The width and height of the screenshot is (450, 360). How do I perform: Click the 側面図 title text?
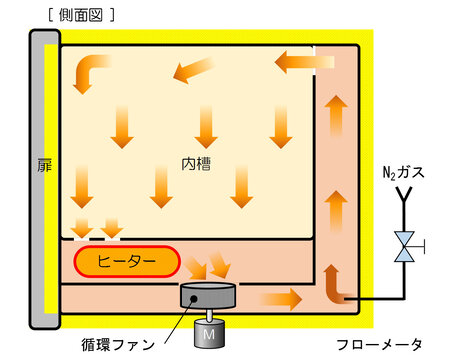pos(81,15)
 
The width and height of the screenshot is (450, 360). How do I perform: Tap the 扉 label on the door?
pos(45,165)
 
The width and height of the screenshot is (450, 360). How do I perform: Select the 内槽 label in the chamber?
pos(196,164)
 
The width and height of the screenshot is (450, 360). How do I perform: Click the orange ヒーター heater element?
pos(127,262)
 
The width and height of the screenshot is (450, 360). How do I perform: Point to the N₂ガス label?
pos(403,172)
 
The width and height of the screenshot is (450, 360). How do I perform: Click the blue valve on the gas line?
pos(404,247)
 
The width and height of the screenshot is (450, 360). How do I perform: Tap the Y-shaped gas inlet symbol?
pos(404,195)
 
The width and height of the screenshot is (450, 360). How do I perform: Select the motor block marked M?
pos(209,333)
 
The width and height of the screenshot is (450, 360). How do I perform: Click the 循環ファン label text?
pos(118,344)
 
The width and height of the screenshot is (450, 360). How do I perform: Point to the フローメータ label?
pos(379,344)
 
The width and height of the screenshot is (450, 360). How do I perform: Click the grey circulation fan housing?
pos(208,295)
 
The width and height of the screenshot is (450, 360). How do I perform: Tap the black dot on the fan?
pos(193,299)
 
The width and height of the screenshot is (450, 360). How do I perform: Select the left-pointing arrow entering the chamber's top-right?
pos(304,62)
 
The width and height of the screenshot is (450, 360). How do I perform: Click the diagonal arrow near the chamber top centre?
pos(193,70)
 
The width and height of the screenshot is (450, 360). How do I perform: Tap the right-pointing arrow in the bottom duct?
pos(281,299)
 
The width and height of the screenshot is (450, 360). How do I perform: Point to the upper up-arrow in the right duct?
pos(336,116)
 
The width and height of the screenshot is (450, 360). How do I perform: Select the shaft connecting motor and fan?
pos(209,314)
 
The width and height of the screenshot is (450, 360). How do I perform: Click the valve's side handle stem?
pos(419,247)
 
